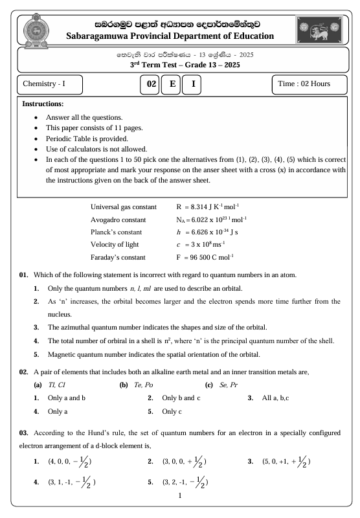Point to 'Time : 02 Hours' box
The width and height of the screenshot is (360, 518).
308,85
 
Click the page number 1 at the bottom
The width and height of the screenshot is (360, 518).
179,496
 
